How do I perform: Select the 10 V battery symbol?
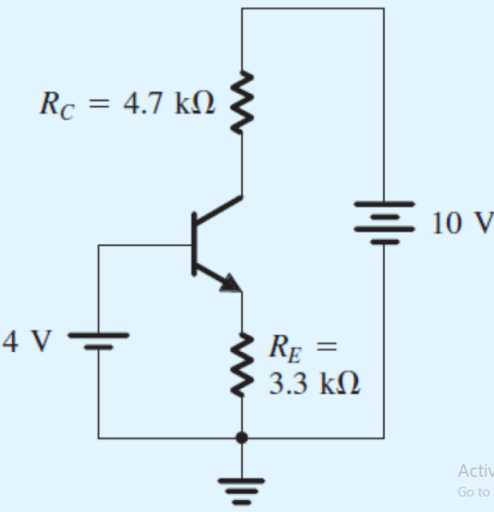tap(383, 223)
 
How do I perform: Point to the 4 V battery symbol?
tap(98, 342)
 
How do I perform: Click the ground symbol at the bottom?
tap(241, 490)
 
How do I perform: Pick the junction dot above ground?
tap(241, 438)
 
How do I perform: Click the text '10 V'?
tap(461, 223)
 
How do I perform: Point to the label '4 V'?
tap(26, 342)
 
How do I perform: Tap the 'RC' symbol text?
tap(53, 105)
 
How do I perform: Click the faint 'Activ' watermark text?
tap(475, 471)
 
